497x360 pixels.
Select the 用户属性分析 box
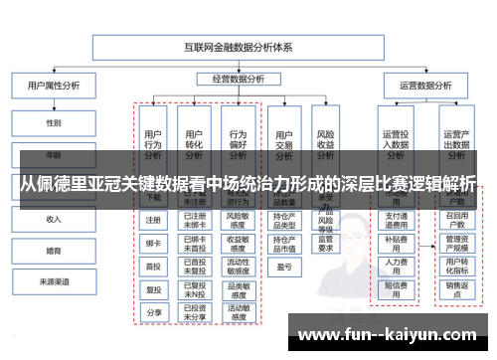(52, 86)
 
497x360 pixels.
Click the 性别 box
(53, 122)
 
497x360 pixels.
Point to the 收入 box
(53, 218)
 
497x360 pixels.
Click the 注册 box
(153, 220)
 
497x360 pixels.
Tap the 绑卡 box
(153, 243)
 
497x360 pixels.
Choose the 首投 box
(153, 266)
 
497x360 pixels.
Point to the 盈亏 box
(283, 267)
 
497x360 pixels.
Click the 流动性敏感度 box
(238, 266)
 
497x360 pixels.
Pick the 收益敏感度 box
(238, 243)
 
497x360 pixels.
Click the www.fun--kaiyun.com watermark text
(384, 333)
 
